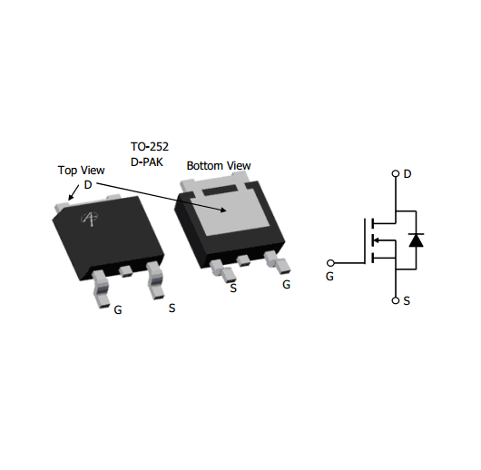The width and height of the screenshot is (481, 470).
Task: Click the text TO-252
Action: pos(150,147)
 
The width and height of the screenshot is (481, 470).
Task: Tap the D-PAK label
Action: pos(147,162)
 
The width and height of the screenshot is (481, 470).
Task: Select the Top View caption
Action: pos(82,171)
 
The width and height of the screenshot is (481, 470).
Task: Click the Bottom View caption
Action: pos(219,166)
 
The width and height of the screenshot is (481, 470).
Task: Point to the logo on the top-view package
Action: pos(90,219)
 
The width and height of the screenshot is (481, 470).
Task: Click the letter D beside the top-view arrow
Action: pos(88,185)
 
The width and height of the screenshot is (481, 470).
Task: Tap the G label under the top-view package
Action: pos(118,310)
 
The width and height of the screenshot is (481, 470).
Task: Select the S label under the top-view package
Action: pos(172,308)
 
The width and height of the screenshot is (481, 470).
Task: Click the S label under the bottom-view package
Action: pos(233,288)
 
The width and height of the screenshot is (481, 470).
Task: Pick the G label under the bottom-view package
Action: pos(286,285)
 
